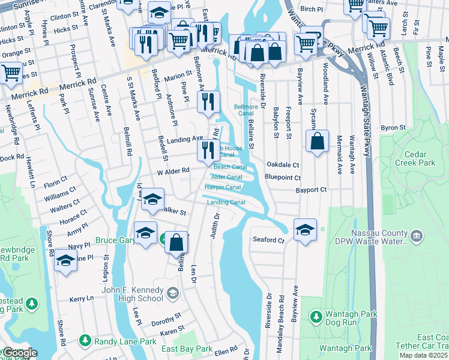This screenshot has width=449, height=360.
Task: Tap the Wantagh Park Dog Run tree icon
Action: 316,316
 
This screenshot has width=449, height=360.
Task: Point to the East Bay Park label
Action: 187,349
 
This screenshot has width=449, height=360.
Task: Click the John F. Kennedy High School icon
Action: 173,293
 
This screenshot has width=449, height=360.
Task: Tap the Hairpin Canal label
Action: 223,187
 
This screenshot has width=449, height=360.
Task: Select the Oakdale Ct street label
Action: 283,164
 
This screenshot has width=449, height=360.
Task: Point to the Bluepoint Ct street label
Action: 283,178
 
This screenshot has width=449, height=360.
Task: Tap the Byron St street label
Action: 394,128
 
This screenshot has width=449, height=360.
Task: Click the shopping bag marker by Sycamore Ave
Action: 318,142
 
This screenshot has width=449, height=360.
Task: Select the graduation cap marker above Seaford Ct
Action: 305,230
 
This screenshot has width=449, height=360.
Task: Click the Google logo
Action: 19,353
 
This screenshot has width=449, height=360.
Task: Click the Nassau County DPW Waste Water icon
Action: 418,233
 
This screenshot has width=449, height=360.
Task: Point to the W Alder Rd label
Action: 173,170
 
